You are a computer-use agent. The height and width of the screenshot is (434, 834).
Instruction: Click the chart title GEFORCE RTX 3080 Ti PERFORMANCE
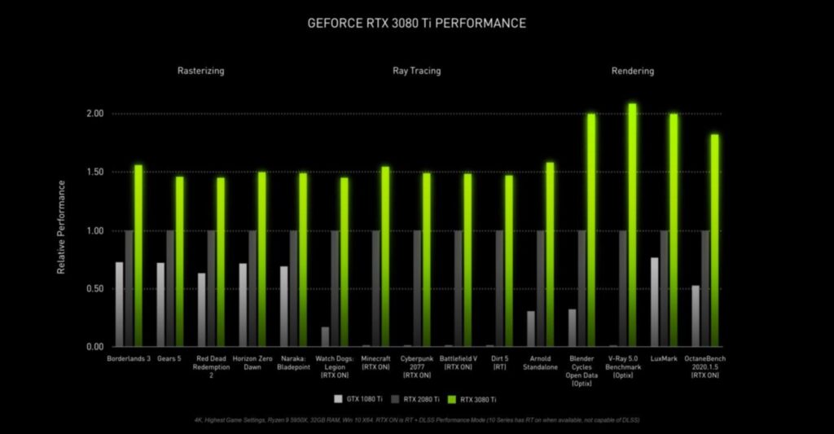(416, 23)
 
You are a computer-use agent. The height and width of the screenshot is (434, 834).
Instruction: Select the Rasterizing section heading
(200, 71)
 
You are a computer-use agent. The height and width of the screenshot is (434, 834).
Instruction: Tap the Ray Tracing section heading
(416, 71)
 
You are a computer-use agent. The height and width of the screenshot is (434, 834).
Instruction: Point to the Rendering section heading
(632, 71)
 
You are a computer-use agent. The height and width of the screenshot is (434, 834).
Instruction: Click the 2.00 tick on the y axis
(94, 113)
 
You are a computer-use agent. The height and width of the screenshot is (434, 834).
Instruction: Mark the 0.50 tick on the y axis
(94, 289)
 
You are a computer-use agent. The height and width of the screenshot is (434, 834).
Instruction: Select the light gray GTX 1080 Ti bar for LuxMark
(654, 302)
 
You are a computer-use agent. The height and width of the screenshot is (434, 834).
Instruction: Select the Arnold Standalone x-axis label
(539, 362)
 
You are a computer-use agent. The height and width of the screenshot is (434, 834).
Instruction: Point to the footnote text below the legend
(416, 419)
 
